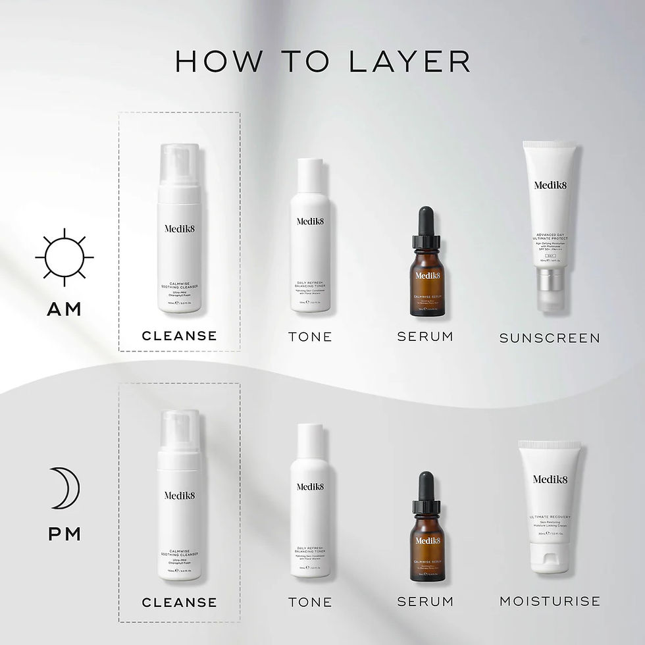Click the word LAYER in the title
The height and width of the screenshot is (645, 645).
tap(409, 61)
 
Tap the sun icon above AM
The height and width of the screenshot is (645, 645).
tap(64, 257)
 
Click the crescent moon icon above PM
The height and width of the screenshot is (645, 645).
tap(66, 488)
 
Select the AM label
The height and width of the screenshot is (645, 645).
tap(64, 309)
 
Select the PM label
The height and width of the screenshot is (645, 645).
tap(64, 533)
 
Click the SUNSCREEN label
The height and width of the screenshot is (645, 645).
tap(550, 338)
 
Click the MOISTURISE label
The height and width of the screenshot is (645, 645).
tap(550, 601)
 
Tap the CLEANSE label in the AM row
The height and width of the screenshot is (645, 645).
tap(179, 336)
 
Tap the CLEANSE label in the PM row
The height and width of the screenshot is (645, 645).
tap(179, 602)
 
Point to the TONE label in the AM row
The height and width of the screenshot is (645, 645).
tap(310, 336)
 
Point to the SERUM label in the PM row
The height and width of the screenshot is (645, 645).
tap(425, 601)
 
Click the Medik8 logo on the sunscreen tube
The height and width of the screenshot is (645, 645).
tap(550, 186)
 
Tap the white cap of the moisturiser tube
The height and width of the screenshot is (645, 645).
tap(550, 558)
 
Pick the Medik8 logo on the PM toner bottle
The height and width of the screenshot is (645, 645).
tap(310, 487)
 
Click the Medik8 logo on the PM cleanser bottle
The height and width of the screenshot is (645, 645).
tap(179, 495)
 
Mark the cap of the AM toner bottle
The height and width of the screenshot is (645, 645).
tap(310, 175)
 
